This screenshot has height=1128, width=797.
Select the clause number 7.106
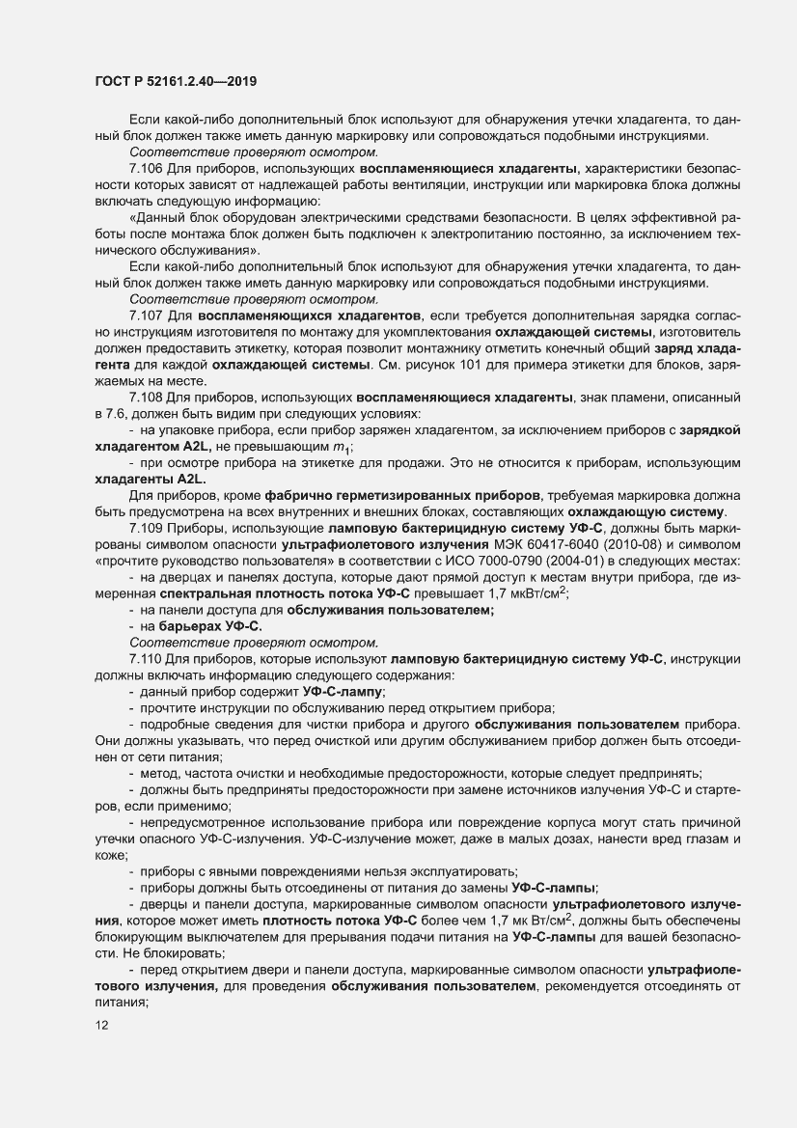pos(146,168)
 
